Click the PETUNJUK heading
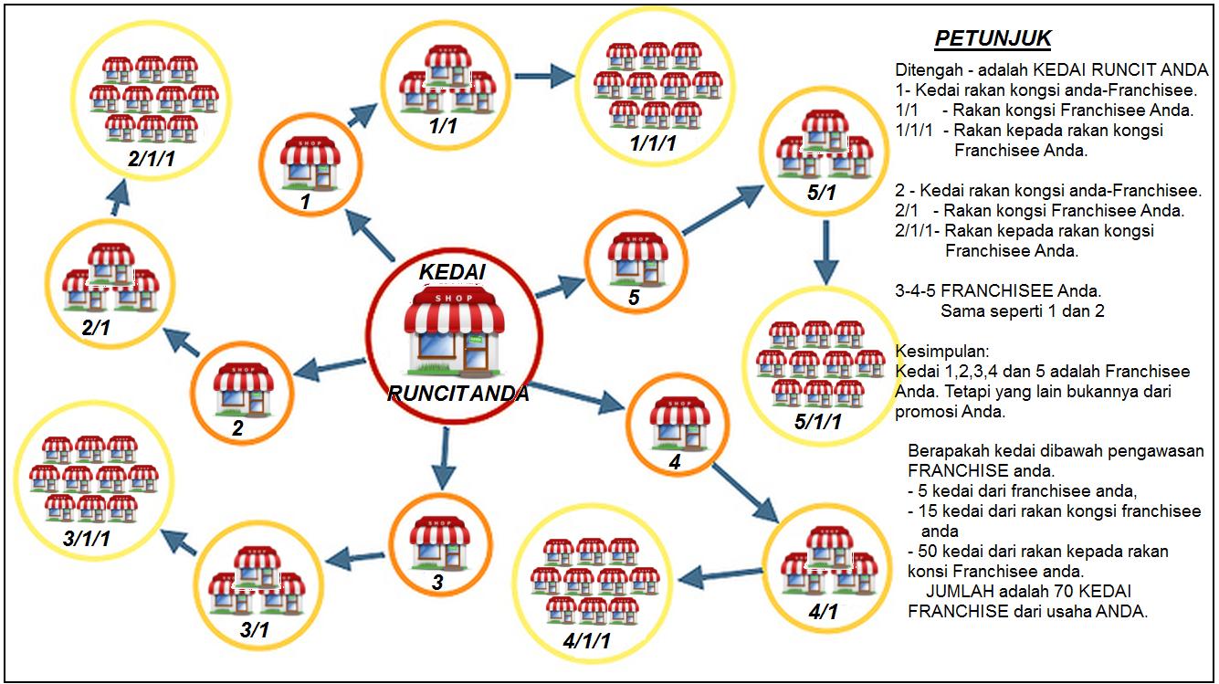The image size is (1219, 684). tap(993, 39)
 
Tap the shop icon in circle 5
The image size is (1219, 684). tap(636, 258)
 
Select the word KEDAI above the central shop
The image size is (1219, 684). tap(452, 273)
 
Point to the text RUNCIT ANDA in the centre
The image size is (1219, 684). tap(457, 395)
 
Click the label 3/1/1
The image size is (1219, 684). tap(88, 539)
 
